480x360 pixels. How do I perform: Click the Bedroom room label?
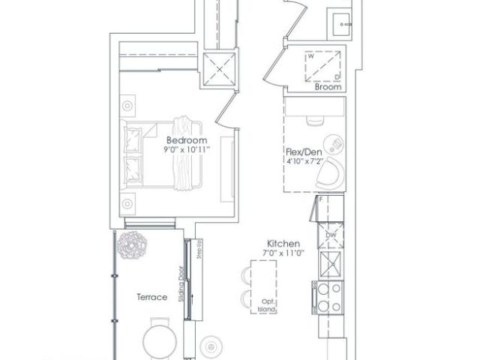coord(186,140)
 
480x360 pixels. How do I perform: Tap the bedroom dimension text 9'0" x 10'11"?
coord(186,150)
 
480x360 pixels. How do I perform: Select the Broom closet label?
coord(328,87)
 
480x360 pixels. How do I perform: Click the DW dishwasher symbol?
coord(330,235)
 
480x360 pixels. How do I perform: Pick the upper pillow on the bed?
coord(133,137)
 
